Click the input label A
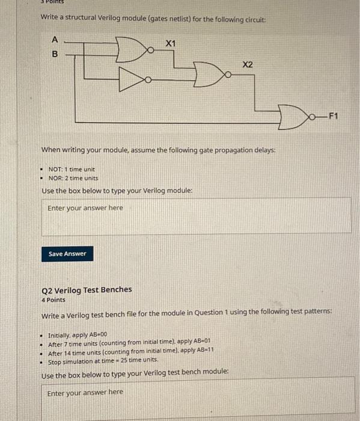click(55, 40)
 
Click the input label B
click(55, 53)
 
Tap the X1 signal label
click(171, 44)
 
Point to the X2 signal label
click(248, 64)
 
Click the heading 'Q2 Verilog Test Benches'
click(87, 289)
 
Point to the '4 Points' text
click(53, 299)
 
